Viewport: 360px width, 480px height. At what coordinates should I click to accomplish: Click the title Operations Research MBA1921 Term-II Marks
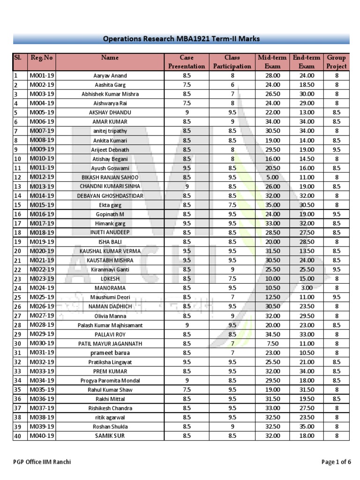point(181,39)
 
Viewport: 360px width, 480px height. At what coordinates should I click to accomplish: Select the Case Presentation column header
point(186,62)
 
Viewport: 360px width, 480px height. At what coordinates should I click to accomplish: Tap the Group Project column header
point(336,62)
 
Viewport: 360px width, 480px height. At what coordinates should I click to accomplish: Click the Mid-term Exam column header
point(272,62)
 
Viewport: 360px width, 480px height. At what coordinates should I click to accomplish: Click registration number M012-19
point(42,177)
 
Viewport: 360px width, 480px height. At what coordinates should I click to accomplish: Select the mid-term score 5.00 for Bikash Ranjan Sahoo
point(272,177)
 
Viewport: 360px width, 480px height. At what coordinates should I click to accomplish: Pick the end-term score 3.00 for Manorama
point(307,288)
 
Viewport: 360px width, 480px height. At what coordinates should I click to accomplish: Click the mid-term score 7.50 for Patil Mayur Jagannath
point(272,343)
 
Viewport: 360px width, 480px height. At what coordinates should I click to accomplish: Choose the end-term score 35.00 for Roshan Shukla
point(307,427)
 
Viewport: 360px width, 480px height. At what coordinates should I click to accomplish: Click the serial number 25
point(18,297)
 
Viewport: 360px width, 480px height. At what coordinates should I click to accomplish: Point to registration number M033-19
point(42,371)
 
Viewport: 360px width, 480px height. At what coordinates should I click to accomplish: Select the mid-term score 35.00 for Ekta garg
point(272,205)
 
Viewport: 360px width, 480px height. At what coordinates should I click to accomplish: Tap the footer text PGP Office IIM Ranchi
point(42,462)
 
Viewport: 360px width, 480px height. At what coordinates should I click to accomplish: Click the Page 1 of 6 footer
point(336,462)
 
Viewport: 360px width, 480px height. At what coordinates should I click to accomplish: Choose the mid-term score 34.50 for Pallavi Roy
point(272,334)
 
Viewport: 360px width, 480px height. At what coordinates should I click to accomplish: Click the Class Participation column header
point(232,62)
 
